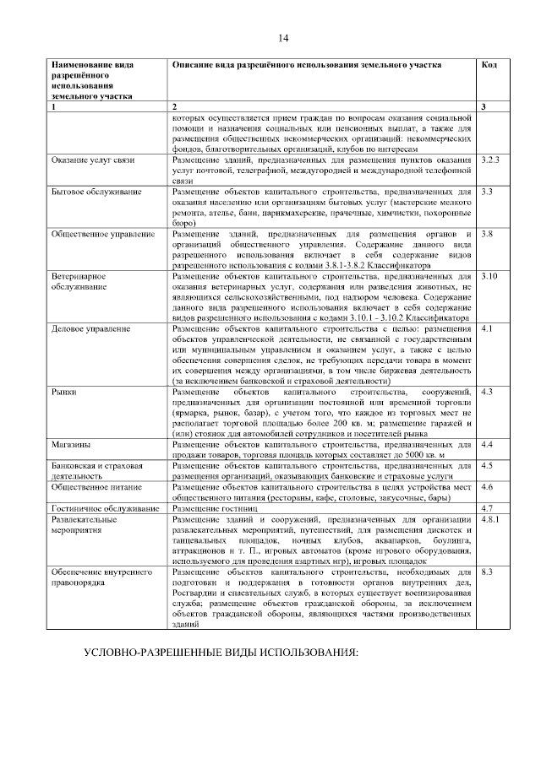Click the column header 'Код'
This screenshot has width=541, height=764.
(488, 65)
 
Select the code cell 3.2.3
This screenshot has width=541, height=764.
(490, 160)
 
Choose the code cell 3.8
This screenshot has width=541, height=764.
(487, 233)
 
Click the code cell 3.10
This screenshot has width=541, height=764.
(489, 276)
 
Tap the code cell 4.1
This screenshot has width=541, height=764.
(486, 328)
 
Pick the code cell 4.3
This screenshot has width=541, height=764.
(486, 393)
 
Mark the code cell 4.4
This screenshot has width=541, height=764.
(486, 444)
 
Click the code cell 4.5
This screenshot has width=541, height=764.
(486, 466)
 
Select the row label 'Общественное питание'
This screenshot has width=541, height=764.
(98, 487)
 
